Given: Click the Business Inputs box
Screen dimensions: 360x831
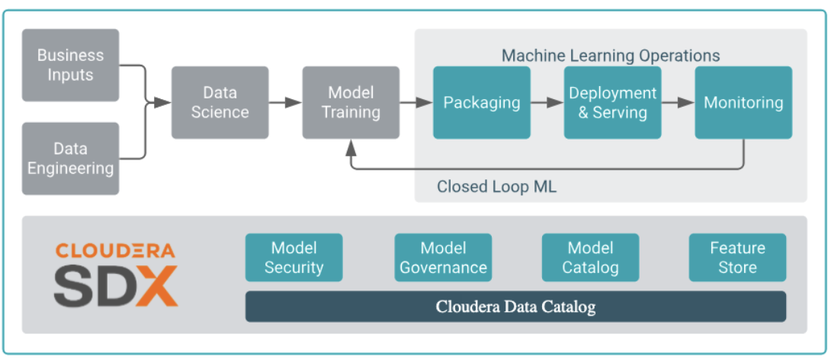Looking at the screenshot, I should click(x=70, y=65).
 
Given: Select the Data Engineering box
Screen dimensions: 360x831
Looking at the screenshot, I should click(x=70, y=158).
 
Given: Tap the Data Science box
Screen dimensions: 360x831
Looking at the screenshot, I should click(x=220, y=102).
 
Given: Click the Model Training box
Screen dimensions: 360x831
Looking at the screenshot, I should click(x=351, y=102).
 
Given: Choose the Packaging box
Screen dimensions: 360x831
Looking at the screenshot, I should click(x=482, y=102).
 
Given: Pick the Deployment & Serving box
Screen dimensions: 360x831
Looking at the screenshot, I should click(x=612, y=102).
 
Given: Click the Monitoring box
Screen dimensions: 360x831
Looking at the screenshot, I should click(x=743, y=102).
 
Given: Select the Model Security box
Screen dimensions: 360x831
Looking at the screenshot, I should click(x=294, y=257).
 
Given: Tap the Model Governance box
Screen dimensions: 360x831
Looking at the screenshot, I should click(x=443, y=257).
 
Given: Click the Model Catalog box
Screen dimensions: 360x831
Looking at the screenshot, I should click(x=590, y=257).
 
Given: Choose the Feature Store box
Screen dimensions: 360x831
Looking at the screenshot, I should click(x=737, y=257).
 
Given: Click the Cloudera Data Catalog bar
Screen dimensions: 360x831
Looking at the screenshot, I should click(x=515, y=307).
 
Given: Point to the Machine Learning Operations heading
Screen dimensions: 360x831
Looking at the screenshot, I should click(x=610, y=56).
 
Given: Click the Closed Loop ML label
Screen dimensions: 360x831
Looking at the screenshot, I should click(x=496, y=187).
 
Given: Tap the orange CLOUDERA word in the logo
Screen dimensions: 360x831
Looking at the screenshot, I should click(x=115, y=251).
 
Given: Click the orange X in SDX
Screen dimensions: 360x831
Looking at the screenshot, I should click(x=158, y=285).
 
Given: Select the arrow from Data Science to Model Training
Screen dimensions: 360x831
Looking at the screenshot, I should click(x=285, y=102).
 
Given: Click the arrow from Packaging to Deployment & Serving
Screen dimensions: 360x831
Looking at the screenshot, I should click(x=547, y=102).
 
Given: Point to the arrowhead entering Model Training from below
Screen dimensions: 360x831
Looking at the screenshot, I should click(x=351, y=146).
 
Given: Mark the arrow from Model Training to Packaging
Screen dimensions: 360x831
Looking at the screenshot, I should click(x=415, y=102).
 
